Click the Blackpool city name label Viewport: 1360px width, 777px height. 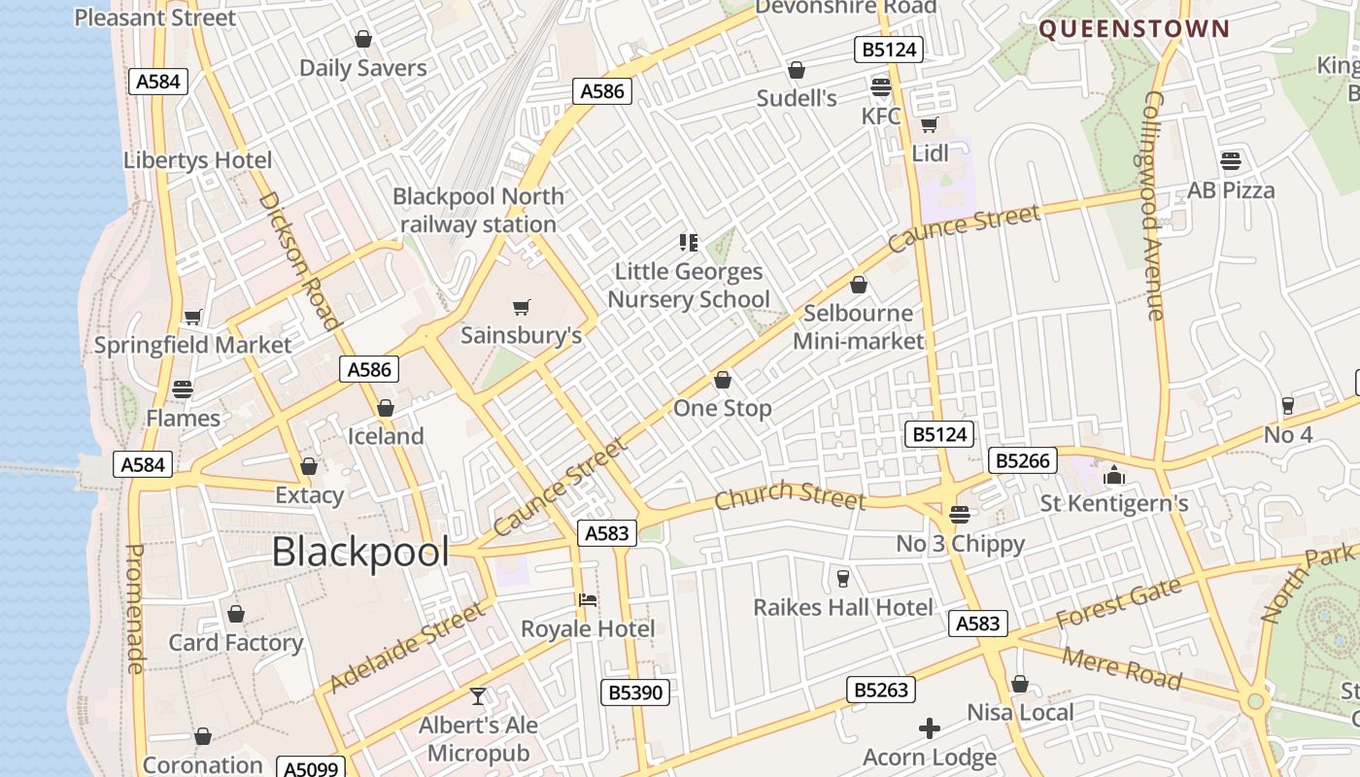pos(360,553)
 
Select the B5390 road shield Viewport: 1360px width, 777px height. pos(636,692)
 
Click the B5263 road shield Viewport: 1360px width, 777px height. pos(882,690)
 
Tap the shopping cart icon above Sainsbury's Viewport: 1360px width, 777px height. pos(522,308)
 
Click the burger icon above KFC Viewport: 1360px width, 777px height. pos(881,87)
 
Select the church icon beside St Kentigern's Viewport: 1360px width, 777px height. pos(1113,476)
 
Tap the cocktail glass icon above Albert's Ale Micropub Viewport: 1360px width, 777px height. pos(478,696)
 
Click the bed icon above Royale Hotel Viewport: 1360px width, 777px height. pos(588,599)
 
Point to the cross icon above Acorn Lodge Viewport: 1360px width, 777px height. pos(930,727)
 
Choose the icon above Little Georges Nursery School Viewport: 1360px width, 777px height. pos(689,242)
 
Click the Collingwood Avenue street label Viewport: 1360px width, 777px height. pos(1153,206)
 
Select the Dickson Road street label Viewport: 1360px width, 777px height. pos(299,259)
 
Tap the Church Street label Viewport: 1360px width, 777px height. pos(789,494)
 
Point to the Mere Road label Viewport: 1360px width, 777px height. pos(1122,667)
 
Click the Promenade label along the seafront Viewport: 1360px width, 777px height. pos(135,608)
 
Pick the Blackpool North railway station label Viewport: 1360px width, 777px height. pos(478,210)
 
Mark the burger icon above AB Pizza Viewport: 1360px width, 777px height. pos(1231,160)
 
